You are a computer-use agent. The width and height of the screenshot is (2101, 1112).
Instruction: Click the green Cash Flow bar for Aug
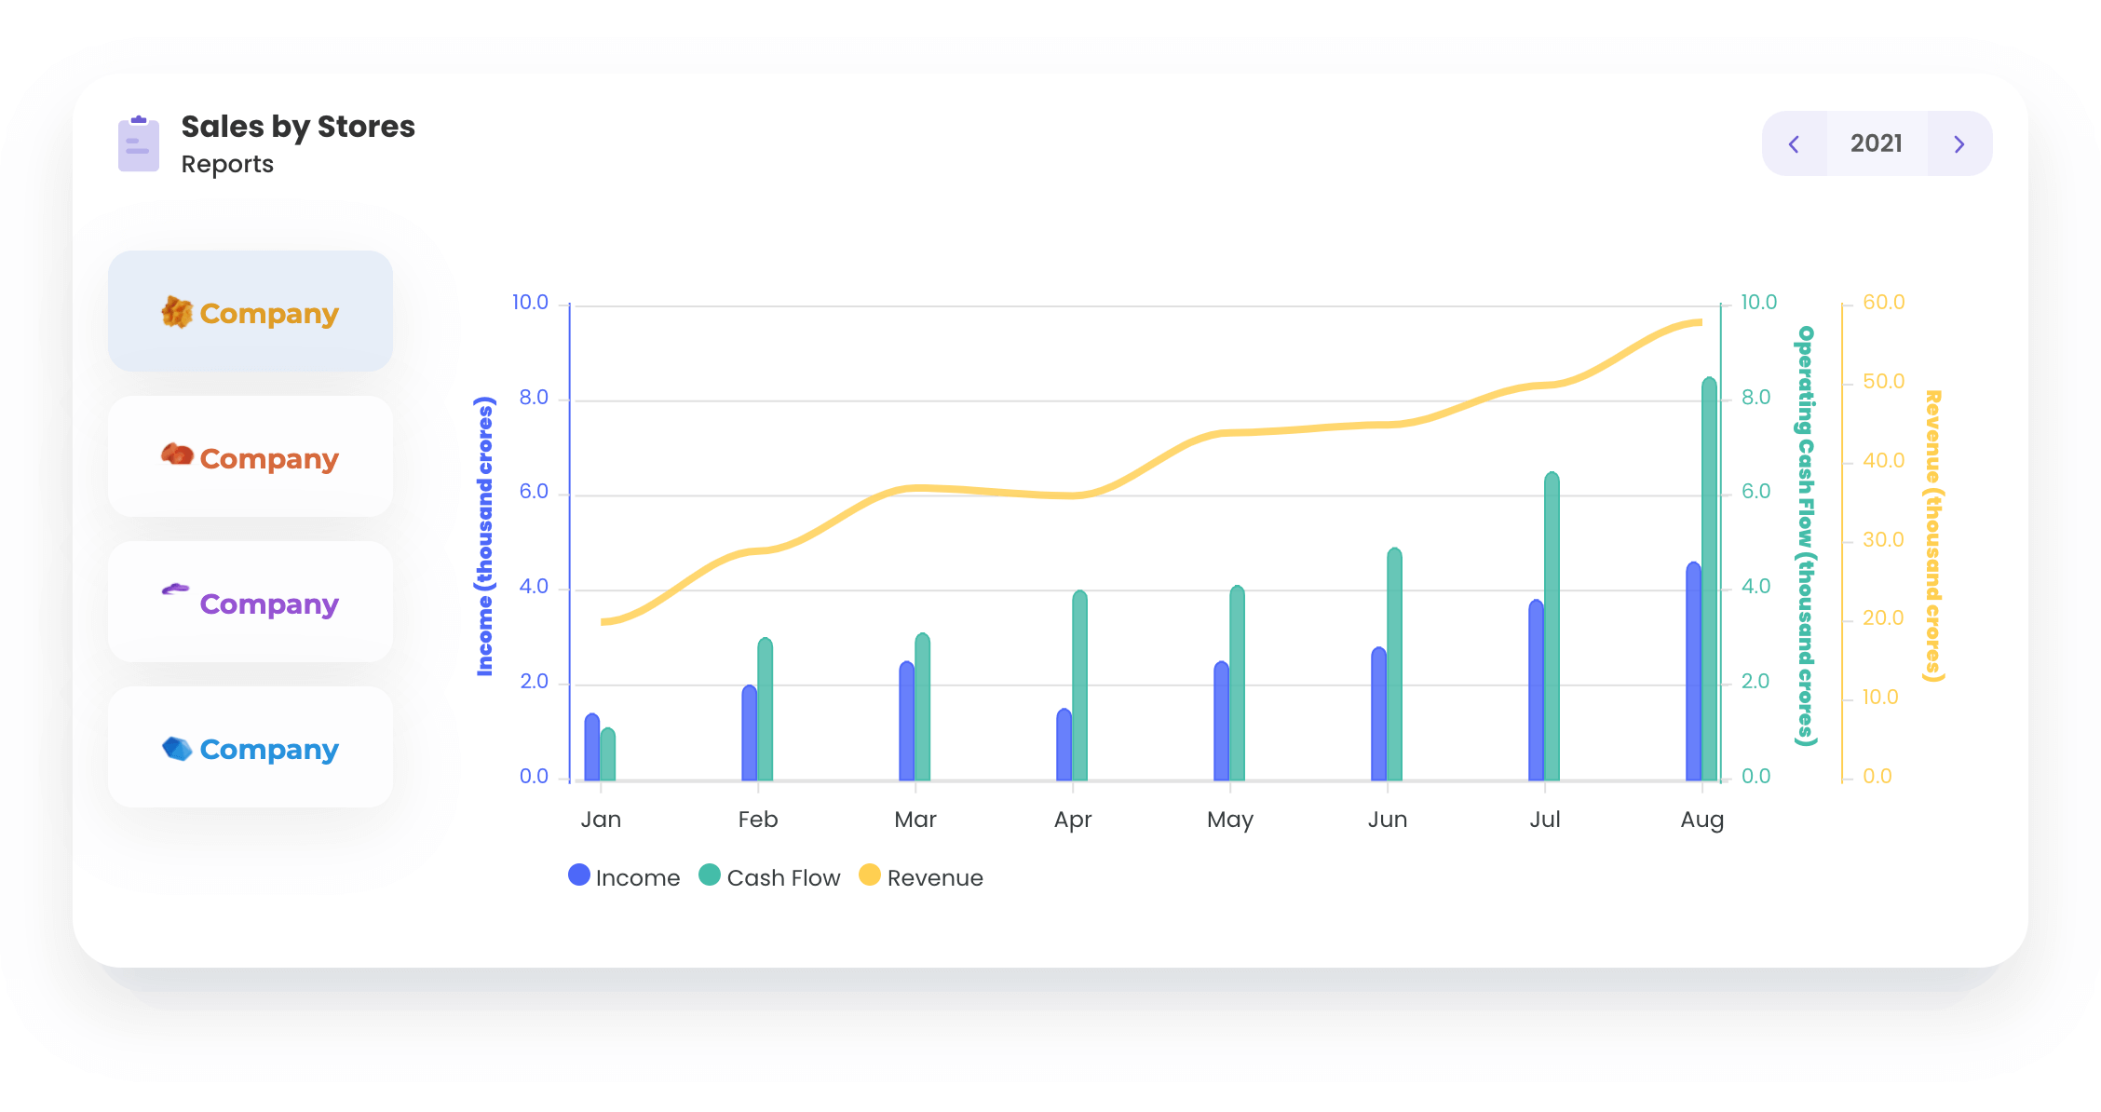(1710, 577)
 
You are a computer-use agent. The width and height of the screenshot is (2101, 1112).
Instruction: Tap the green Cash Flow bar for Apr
(1080, 685)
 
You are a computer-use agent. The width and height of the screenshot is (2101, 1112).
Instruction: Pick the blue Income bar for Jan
(592, 747)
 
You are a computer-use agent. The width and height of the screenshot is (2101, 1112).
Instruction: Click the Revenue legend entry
(921, 877)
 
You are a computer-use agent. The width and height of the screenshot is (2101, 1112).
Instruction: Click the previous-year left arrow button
(1795, 144)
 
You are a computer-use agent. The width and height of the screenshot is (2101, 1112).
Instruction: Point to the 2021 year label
(1877, 143)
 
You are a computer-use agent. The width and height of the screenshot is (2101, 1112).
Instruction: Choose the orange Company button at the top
(251, 312)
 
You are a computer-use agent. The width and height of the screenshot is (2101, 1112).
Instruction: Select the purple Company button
(251, 603)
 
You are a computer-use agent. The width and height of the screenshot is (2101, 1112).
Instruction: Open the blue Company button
(251, 748)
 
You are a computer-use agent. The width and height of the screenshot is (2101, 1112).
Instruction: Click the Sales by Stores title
(298, 126)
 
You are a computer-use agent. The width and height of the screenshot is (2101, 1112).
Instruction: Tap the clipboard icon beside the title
(139, 144)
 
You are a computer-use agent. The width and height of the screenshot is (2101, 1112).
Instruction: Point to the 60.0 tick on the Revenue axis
(1883, 303)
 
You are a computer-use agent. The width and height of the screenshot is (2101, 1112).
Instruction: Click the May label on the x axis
(1229, 820)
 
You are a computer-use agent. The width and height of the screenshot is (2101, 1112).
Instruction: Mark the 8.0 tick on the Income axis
(534, 398)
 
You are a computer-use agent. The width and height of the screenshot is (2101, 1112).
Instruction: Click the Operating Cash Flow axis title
(1806, 536)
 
